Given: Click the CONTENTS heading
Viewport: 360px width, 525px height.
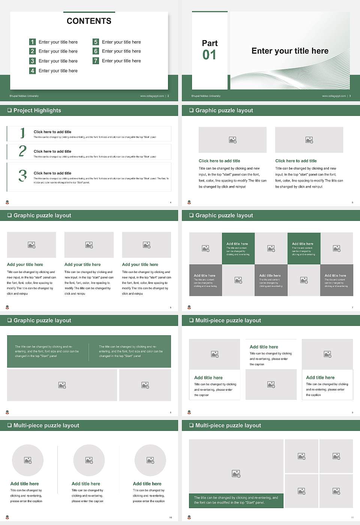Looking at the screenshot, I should [x=89, y=21].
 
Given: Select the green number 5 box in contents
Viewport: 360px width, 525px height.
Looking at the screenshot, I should [x=96, y=42].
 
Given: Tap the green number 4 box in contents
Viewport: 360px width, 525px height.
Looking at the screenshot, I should [x=32, y=70].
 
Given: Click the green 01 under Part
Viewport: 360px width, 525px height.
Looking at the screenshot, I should [x=209, y=55].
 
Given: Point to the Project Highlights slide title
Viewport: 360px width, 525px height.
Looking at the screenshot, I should [x=37, y=110].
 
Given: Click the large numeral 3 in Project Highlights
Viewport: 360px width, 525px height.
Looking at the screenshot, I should [x=22, y=175].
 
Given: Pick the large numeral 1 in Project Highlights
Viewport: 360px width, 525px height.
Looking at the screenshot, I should [x=22, y=133].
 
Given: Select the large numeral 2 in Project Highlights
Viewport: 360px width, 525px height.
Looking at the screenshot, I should [x=22, y=151].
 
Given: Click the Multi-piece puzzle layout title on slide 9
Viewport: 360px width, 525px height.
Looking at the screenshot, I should [x=228, y=320].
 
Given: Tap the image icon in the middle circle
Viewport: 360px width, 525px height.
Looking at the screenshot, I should [x=89, y=460].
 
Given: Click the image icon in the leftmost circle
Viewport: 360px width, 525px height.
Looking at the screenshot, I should [x=28, y=460].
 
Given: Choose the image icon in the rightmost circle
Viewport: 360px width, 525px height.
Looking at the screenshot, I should [x=150, y=460].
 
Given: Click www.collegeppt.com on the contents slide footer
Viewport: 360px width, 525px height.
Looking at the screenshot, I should [x=152, y=96].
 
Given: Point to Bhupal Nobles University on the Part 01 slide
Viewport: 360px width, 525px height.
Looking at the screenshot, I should [x=206, y=96].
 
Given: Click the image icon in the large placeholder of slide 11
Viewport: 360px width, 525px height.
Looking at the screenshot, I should [x=236, y=474].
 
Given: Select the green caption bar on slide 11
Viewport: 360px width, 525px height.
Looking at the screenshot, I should [x=236, y=500].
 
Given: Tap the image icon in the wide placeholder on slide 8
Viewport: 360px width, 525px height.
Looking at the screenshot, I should [x=62, y=385].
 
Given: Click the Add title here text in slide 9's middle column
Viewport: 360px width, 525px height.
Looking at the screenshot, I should [x=264, y=347].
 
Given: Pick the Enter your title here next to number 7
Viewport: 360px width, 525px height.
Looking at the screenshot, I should [x=121, y=61].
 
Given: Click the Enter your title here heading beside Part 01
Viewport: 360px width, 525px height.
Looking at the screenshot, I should [x=290, y=51].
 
